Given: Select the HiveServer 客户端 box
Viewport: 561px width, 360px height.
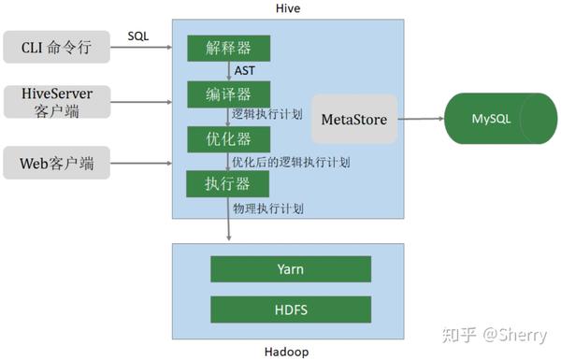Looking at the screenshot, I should [57, 101].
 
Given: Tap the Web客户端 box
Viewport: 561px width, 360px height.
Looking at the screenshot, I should [57, 166].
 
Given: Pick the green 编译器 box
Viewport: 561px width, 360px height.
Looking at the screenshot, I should [227, 94].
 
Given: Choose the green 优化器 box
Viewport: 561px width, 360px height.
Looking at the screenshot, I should [227, 139].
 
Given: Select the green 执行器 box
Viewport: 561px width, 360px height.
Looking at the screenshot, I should [227, 183].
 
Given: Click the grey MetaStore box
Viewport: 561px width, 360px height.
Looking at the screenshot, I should [354, 119].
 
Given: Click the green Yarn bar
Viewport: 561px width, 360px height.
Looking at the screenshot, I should [290, 268].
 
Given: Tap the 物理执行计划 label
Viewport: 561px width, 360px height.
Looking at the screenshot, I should [269, 208].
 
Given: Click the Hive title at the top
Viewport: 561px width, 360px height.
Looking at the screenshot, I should [289, 8].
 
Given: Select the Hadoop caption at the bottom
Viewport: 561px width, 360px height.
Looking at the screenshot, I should [288, 352].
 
